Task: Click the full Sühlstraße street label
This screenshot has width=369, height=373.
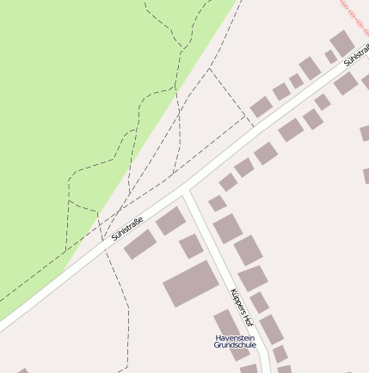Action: tap(127, 227)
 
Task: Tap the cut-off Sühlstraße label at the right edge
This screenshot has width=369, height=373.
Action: tap(355, 56)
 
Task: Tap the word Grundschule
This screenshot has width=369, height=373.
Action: tap(235, 345)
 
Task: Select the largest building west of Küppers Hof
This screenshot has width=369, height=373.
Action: tap(190, 283)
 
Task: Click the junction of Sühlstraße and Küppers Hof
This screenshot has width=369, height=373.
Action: tap(186, 190)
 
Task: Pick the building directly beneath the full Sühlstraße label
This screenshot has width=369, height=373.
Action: tap(139, 244)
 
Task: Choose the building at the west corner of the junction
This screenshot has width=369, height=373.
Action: tap(170, 221)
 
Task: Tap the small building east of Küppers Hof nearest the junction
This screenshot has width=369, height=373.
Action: tap(217, 204)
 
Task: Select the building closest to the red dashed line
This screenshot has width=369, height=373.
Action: tap(342, 42)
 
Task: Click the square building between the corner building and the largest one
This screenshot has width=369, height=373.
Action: tap(191, 247)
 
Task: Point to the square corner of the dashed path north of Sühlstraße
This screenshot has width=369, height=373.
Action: tap(209, 70)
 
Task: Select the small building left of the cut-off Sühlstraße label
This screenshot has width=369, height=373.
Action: tap(331, 57)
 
